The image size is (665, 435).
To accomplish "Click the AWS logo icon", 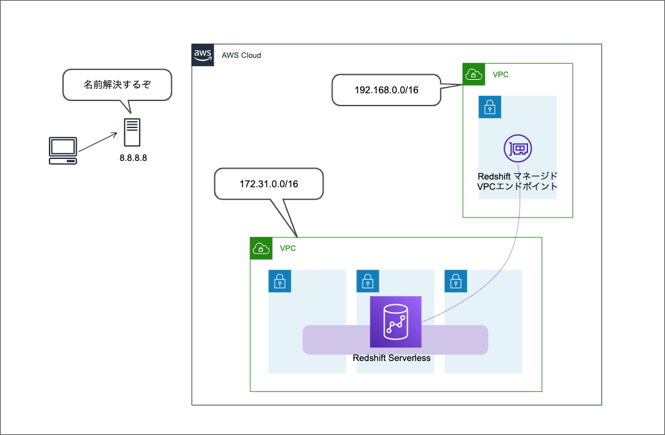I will click(203, 55).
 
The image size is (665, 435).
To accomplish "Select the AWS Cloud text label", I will click(241, 56).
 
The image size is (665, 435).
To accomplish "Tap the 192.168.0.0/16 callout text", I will click(387, 90).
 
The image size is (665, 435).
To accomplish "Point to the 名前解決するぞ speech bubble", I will click(117, 84).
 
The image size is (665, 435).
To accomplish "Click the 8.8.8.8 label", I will click(133, 158).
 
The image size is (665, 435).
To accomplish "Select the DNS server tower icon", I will click(132, 132).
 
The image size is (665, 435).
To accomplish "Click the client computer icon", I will click(63, 150).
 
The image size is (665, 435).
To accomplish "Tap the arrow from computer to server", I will click(99, 142).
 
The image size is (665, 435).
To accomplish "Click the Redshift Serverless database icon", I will click(395, 322).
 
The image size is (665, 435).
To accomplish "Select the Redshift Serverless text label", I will click(392, 358).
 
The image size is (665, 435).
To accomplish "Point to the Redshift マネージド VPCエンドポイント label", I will click(517, 181).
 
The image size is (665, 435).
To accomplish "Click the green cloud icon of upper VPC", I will click(474, 75).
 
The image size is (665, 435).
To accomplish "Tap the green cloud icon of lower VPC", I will click(261, 248).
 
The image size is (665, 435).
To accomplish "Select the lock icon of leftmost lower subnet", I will click(280, 281).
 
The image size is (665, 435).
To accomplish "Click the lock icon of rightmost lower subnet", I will click(455, 281).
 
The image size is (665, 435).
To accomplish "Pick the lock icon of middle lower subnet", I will click(367, 281).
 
